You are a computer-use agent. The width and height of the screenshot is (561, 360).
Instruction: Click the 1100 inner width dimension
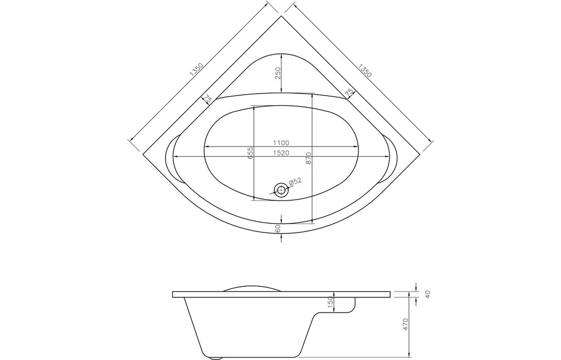pos(281,143)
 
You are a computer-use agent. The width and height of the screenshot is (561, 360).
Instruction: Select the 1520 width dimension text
pos(281,153)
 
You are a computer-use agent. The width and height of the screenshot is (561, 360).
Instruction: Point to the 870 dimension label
pos(308,157)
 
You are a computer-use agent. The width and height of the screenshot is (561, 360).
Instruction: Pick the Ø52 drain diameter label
pos(295,182)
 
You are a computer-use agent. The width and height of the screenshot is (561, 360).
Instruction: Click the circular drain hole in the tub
pos(281,190)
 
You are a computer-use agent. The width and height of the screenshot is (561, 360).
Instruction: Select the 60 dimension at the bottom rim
pos(278,229)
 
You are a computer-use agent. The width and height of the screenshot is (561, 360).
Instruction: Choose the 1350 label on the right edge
pos(364,70)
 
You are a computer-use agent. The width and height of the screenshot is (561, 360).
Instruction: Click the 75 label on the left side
pos(207,98)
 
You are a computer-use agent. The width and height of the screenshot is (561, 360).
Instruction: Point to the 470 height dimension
pos(405,324)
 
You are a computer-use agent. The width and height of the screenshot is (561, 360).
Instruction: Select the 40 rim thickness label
pos(427,294)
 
